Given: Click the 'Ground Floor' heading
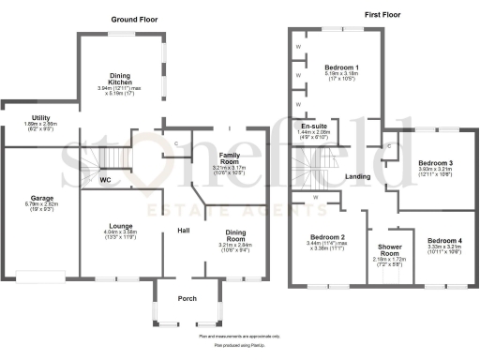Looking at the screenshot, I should tap(135, 19).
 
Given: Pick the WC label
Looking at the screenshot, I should tap(105, 178).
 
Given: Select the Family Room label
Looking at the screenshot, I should tap(228, 157).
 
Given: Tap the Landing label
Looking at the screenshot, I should tap(357, 176).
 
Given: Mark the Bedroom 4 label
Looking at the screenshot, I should tap(444, 241).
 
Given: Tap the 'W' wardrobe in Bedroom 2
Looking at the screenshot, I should tap(316, 197).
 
